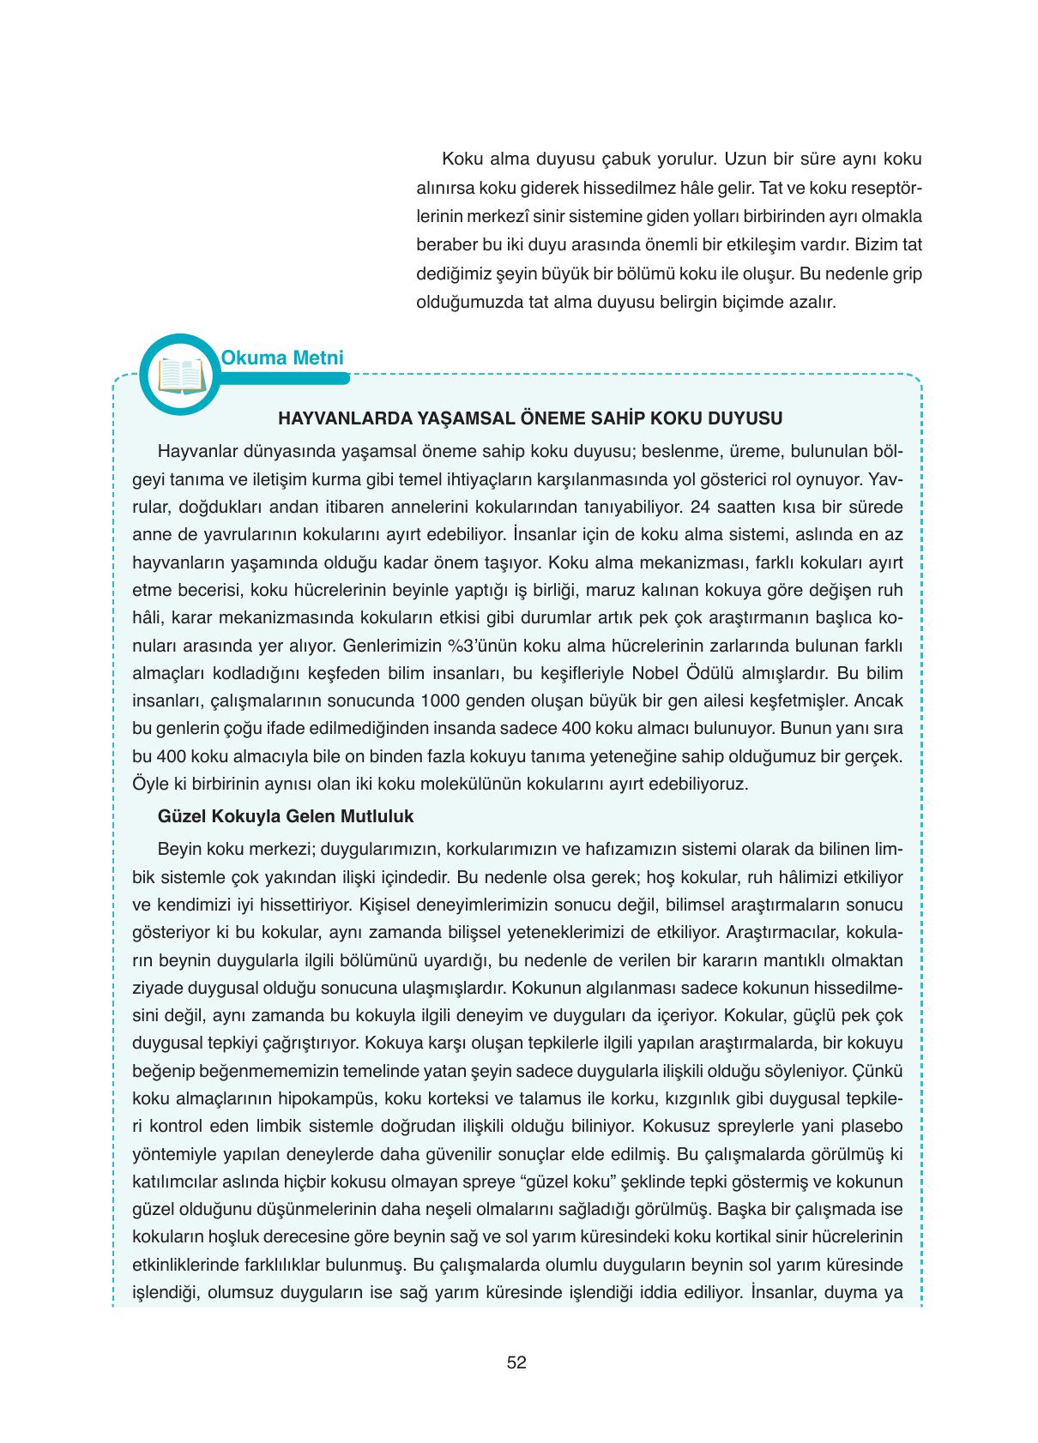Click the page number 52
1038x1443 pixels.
(x=516, y=1362)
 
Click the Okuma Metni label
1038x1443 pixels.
(x=282, y=358)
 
